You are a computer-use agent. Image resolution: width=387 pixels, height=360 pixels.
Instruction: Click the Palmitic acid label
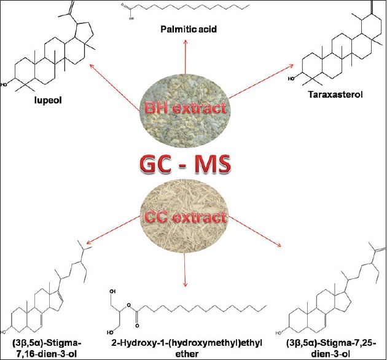point(193,29)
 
